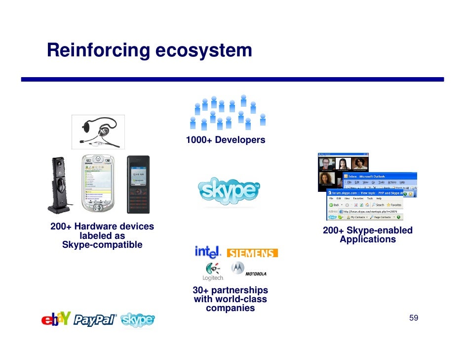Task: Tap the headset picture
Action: click(99, 131)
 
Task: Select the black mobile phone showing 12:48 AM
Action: click(138, 184)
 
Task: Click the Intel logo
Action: click(207, 252)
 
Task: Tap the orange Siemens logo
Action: click(252, 253)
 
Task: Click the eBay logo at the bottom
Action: click(55, 320)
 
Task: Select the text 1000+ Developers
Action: click(225, 140)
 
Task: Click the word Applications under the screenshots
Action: click(368, 239)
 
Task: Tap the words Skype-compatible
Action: click(102, 245)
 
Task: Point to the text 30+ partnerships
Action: click(230, 290)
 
